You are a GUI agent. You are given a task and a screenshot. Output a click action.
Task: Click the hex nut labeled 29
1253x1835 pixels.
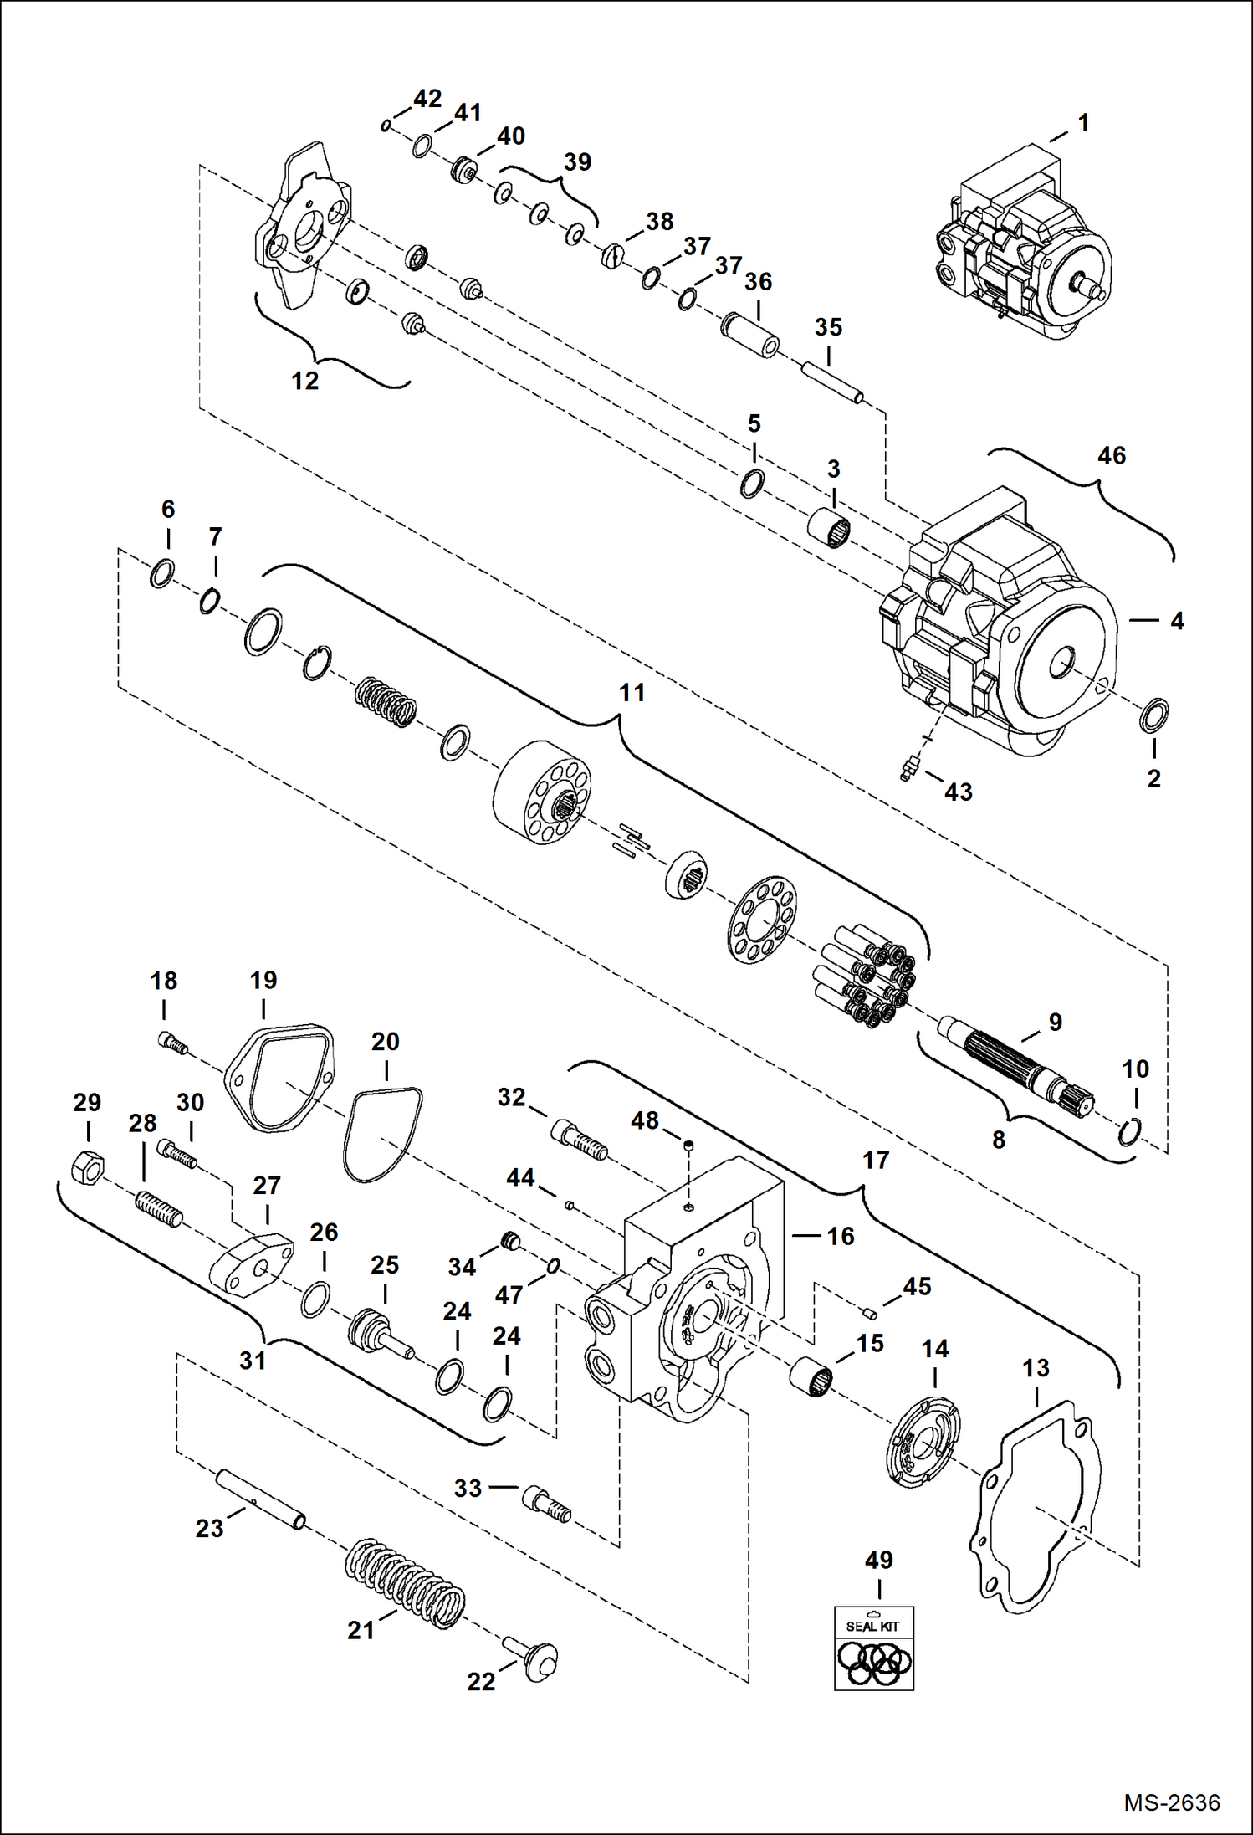(88, 1166)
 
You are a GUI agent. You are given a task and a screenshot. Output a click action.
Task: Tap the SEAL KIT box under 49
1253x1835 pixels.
(874, 1648)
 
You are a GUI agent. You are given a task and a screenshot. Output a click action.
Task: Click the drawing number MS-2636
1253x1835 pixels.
(1171, 1802)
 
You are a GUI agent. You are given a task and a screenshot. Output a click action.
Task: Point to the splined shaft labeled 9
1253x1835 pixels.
(1017, 1065)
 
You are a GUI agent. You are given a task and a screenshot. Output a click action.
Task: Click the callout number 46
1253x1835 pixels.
(1111, 456)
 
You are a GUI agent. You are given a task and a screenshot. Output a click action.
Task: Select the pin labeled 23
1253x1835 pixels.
(260, 1503)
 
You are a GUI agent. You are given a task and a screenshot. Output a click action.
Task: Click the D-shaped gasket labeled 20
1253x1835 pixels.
(383, 1135)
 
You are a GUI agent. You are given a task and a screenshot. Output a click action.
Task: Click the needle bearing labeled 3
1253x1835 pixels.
(829, 529)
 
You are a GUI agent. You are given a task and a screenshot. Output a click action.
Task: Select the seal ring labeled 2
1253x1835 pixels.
(1155, 714)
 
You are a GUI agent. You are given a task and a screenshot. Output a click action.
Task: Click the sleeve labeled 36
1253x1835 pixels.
(750, 335)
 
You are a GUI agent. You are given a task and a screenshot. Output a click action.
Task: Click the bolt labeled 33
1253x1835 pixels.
(547, 1504)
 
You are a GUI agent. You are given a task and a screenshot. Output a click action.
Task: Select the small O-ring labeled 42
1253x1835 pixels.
(386, 126)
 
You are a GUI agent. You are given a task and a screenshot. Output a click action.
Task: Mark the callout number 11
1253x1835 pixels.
(632, 693)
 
